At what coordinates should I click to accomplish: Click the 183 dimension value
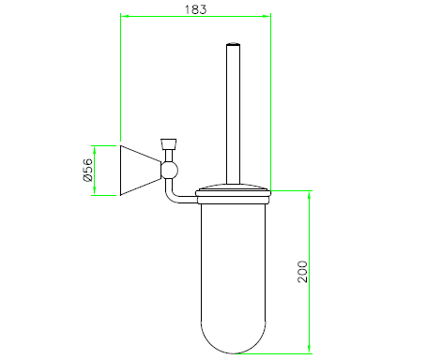coord(195,9)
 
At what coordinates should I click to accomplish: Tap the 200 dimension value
coord(302,272)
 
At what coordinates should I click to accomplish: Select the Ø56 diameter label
coord(88,170)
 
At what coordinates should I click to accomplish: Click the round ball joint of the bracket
coord(169,171)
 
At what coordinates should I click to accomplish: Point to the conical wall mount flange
coord(141,171)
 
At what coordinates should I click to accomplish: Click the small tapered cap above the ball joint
coord(169,144)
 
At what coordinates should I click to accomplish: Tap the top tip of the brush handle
coord(233,43)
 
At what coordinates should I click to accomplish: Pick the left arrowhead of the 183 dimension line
coord(125,16)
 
